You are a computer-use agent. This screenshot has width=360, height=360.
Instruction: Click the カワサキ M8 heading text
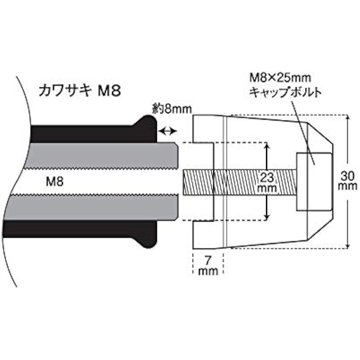click(x=80, y=91)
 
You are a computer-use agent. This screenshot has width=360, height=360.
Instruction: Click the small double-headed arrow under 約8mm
click(x=168, y=131)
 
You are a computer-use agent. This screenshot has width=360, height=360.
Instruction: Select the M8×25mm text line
click(x=280, y=78)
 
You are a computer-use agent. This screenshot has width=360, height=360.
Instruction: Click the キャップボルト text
click(x=285, y=93)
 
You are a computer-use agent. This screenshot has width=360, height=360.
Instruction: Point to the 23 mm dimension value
click(x=267, y=183)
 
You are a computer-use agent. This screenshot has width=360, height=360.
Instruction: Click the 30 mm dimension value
click(x=347, y=181)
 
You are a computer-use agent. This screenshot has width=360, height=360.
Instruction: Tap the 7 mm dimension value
click(x=208, y=266)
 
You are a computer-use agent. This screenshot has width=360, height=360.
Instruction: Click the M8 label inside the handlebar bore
click(x=55, y=182)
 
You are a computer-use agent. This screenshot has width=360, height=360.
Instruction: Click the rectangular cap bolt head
click(x=314, y=182)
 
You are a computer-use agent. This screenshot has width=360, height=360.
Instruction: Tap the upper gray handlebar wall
click(x=101, y=156)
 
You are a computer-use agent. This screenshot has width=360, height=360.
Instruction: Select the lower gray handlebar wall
click(x=92, y=207)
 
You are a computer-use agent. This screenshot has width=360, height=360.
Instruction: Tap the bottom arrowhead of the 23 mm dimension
click(x=267, y=217)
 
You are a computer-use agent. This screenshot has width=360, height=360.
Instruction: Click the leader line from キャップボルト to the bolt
click(x=303, y=132)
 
